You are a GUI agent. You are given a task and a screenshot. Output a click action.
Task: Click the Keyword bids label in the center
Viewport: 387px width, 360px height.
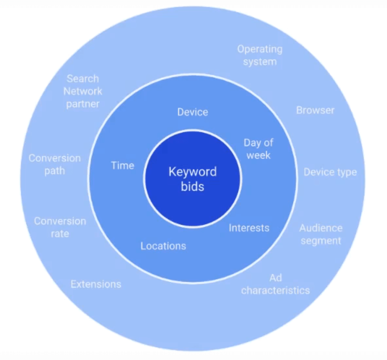192,179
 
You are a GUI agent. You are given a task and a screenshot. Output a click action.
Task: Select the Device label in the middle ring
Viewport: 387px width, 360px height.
192,112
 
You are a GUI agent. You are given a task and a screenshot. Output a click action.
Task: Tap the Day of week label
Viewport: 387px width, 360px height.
258,149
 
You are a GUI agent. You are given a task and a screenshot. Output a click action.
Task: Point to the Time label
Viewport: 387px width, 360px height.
123,166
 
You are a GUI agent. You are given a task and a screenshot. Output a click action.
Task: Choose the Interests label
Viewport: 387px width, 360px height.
249,228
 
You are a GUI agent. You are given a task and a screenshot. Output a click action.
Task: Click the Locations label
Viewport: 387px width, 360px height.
163,246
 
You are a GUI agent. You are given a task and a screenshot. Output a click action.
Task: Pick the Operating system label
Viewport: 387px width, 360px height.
260,55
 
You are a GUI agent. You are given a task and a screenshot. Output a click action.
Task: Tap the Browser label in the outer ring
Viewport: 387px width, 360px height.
315,110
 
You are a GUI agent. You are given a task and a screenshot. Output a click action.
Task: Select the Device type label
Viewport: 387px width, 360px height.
330,172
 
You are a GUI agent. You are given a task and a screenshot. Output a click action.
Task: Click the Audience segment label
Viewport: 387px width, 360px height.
321,234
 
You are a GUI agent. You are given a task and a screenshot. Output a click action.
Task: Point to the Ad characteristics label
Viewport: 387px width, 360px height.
275,284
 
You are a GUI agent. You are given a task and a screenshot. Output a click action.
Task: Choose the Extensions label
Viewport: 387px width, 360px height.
96,285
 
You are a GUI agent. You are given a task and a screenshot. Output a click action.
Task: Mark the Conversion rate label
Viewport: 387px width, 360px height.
60,227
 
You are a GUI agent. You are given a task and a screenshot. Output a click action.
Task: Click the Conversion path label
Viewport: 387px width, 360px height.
55,165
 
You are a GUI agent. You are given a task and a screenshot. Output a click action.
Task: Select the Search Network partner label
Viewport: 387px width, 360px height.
83,91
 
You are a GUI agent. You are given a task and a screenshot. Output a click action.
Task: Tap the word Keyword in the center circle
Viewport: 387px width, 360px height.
192,172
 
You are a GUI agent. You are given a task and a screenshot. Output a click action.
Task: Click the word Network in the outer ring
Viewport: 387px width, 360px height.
83,91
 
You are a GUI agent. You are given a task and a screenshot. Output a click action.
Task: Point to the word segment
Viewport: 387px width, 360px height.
321,241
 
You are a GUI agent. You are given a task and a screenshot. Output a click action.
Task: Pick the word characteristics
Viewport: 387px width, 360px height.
275,291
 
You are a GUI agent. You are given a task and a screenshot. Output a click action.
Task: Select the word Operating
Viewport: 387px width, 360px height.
260,49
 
